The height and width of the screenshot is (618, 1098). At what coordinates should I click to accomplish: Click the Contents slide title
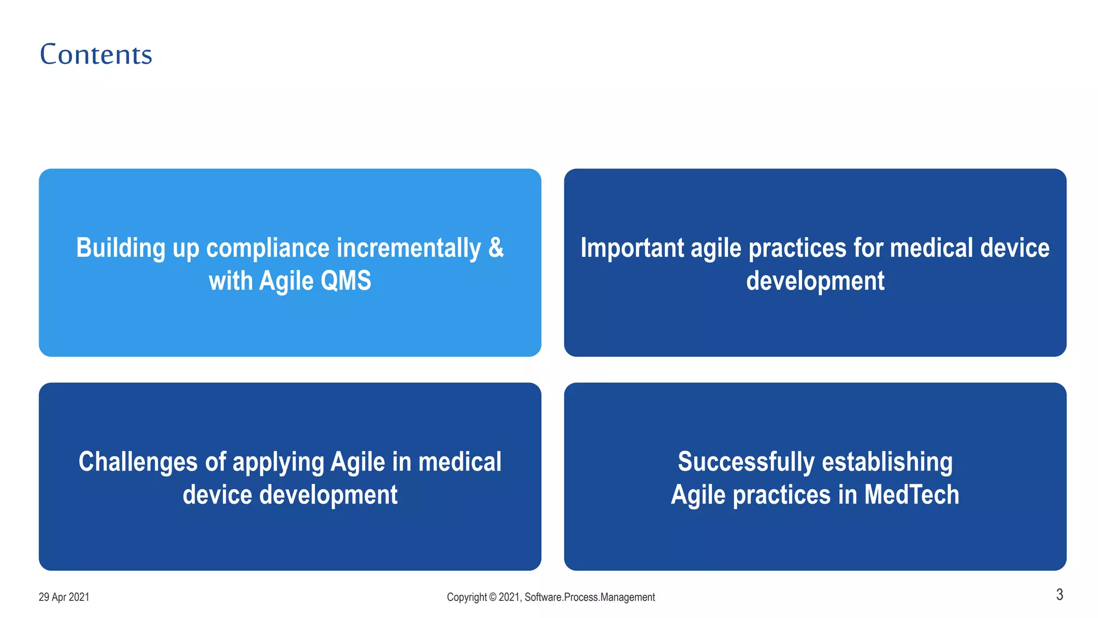tap(96, 55)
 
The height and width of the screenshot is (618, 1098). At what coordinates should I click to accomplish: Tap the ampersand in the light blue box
tap(496, 248)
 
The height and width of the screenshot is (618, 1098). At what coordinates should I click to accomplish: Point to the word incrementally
tap(409, 248)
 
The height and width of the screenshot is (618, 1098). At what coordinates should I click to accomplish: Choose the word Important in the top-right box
tap(632, 248)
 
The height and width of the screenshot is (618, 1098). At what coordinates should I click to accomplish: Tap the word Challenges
tap(138, 462)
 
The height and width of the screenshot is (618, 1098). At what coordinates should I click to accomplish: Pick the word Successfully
tap(746, 462)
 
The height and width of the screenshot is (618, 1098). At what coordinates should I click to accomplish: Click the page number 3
tap(1059, 594)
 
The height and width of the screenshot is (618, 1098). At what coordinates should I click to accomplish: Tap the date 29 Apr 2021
tap(64, 597)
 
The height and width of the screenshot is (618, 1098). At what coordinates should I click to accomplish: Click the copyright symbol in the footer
tap(492, 597)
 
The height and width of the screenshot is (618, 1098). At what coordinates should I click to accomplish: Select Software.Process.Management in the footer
tap(590, 597)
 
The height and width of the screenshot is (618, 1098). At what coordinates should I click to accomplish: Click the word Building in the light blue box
tap(121, 248)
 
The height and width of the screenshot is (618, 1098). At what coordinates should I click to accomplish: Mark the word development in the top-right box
tap(815, 281)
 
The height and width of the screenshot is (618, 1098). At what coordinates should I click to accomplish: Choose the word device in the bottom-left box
tap(217, 495)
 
